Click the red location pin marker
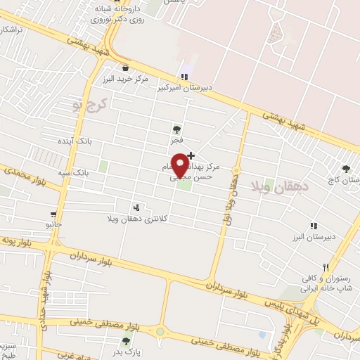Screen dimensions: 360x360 (180, 164)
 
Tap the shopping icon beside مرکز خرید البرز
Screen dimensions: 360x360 (125, 68)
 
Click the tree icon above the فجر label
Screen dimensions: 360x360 (176, 129)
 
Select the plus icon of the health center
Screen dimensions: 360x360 (191, 155)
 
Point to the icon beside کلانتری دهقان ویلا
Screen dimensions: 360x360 (136, 207)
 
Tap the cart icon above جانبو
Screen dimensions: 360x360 (53, 214)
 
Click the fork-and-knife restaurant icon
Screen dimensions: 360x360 (325, 267)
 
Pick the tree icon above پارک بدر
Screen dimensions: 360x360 (126, 341)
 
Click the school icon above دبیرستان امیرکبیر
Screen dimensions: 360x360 (184, 77)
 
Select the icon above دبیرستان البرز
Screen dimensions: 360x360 (314, 226)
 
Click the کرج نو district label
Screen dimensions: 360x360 (87, 106)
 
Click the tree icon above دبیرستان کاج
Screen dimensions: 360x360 (345, 168)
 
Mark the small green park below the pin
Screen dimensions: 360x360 (184, 186)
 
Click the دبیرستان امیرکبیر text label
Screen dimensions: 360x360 (205, 89)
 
